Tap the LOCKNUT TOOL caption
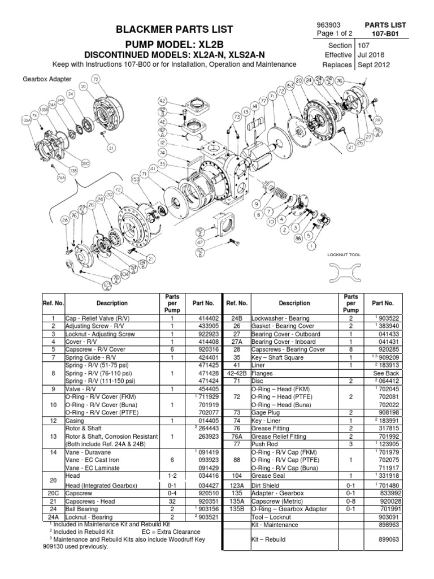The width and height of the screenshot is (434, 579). (344, 255)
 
